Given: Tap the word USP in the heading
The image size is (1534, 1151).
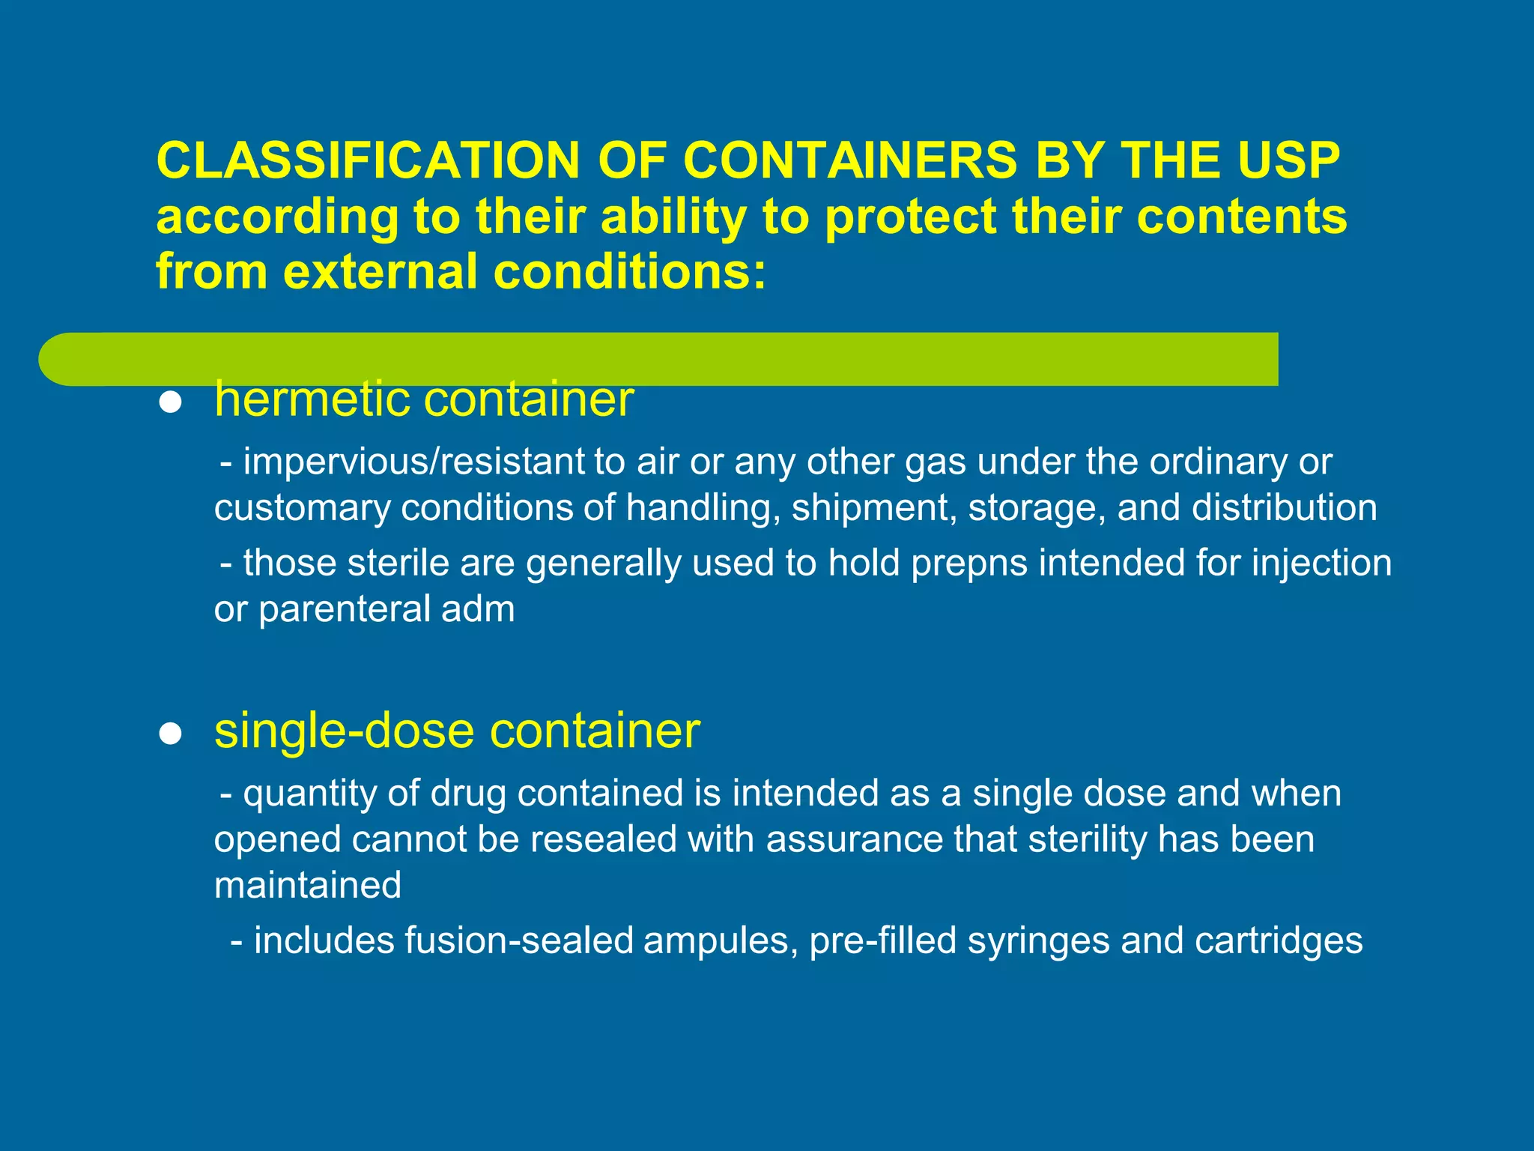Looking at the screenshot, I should point(1288,160).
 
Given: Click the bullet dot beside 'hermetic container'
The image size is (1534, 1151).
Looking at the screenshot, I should point(171,403).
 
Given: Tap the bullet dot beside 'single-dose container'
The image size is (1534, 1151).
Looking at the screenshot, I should point(171,734).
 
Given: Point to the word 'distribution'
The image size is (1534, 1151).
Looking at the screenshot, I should point(1284,508).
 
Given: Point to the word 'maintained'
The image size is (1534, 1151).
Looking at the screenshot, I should point(308,885).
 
